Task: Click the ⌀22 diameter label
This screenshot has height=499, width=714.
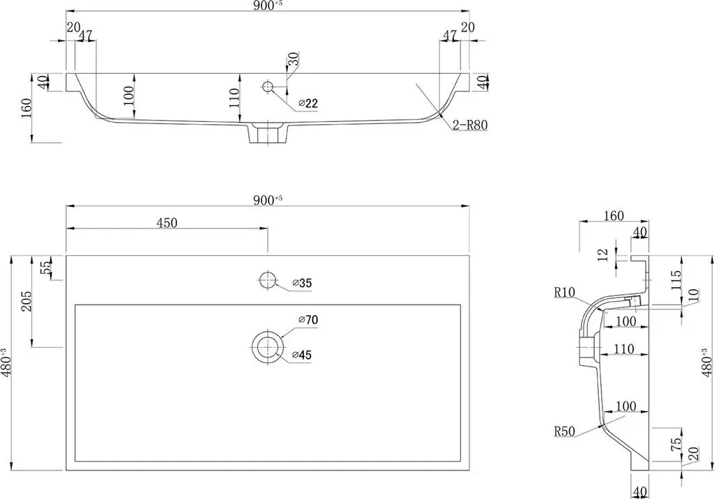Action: coord(308,104)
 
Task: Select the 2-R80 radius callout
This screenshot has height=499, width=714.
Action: coord(470,125)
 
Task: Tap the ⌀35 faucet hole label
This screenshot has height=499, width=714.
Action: coord(303,283)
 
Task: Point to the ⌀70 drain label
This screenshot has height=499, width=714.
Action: coord(308,320)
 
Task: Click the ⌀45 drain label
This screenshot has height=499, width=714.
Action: coord(303,355)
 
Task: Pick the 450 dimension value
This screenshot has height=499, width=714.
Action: coord(167,222)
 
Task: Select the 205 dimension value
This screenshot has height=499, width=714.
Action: coord(26,301)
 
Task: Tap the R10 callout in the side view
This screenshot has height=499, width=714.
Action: coord(565,292)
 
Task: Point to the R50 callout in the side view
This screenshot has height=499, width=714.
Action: coord(565,431)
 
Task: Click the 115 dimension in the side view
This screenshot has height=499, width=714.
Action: coord(676,280)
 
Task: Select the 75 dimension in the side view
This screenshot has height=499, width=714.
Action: coord(678,443)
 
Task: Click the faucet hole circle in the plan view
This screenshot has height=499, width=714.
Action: coord(267,279)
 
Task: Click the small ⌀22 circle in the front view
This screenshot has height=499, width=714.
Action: coord(267,86)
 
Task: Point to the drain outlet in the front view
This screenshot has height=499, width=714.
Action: coord(268,133)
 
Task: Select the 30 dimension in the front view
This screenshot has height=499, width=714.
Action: coord(294,59)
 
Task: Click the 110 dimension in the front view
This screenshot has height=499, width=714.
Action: coord(234,98)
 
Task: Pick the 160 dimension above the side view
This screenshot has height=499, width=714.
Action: coord(614,216)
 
